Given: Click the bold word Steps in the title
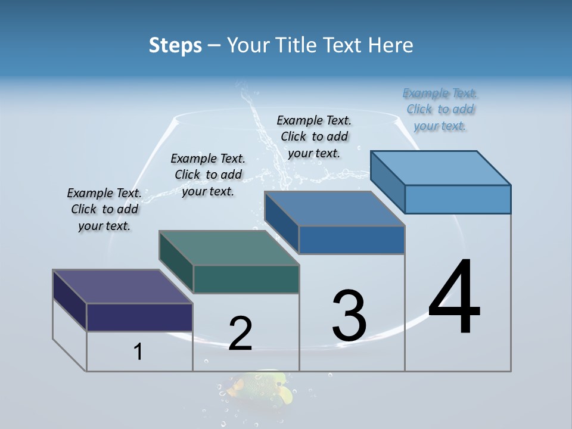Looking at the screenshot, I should click(175, 45).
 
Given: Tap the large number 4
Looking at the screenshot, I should click(454, 297).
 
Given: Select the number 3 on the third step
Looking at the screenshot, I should click(349, 316).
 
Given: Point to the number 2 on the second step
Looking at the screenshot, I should click(240, 334).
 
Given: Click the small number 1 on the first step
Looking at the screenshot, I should click(138, 352).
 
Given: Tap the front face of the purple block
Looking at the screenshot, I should click(139, 317).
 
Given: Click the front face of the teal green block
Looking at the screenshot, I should click(246, 279).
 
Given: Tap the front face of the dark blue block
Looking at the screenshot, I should click(352, 240).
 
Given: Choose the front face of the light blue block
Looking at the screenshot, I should click(458, 199).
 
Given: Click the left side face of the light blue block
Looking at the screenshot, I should click(387, 181).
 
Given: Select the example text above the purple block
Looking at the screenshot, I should click(104, 210).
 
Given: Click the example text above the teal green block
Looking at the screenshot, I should click(208, 175).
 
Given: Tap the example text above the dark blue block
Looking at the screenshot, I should click(314, 136).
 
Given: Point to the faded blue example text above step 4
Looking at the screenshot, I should click(440, 109).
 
